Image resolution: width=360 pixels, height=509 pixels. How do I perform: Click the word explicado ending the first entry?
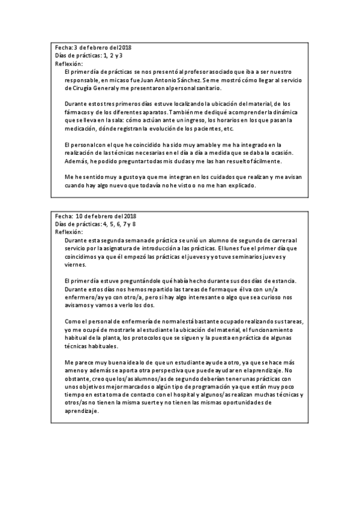pyautogui.click(x=240, y=186)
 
